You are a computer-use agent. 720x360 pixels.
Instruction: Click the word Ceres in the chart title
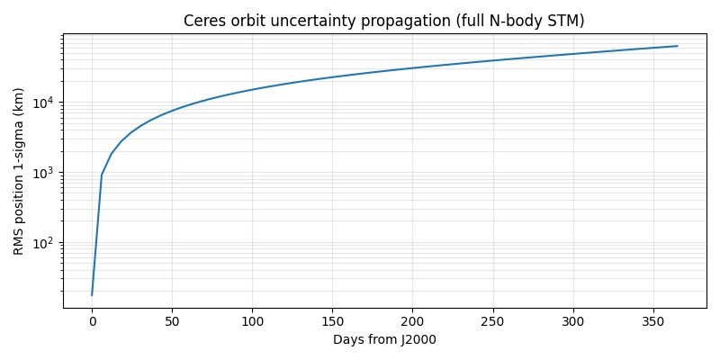click(203, 21)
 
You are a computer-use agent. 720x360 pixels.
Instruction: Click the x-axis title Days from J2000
click(384, 339)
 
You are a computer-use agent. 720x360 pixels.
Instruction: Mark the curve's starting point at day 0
click(92, 294)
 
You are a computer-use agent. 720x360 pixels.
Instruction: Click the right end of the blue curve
click(677, 46)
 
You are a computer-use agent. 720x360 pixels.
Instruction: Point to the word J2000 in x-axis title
click(418, 339)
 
